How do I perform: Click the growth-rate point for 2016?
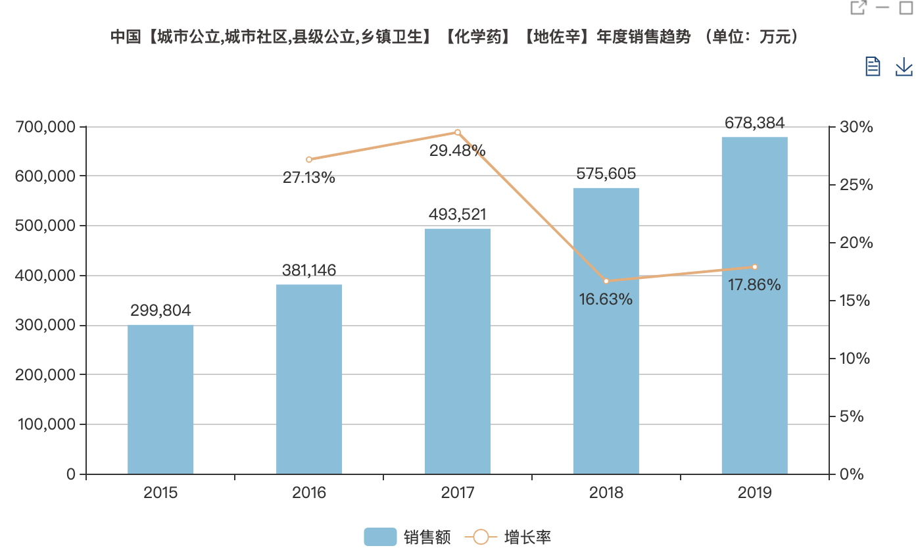(x=309, y=159)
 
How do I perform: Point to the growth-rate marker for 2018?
(x=606, y=281)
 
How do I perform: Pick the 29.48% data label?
(x=458, y=151)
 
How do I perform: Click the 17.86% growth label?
(x=754, y=285)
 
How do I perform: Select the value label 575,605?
(x=606, y=174)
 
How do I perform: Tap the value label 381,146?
(x=309, y=270)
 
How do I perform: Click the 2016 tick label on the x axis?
(x=309, y=493)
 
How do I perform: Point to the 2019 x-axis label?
(x=754, y=493)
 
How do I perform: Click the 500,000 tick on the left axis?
(x=45, y=226)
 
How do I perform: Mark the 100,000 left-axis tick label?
(x=45, y=424)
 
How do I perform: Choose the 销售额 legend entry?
(x=408, y=537)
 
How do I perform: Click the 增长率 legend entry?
(x=509, y=537)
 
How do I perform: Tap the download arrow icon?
(x=904, y=66)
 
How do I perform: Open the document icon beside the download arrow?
(x=873, y=66)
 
